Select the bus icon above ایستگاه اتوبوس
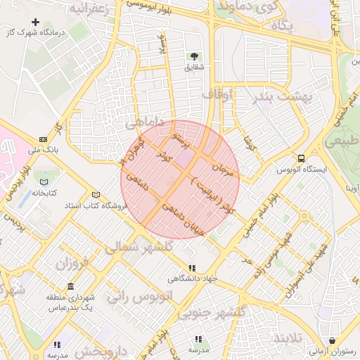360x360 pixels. pos(301,158)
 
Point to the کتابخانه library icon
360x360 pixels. pos(44,183)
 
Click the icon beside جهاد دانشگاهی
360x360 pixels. pos(192,267)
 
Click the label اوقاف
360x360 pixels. pos(216,94)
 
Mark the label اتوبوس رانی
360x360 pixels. pos(139,296)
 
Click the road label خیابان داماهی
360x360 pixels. pos(186,219)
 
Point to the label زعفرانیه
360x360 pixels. pos(89,10)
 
